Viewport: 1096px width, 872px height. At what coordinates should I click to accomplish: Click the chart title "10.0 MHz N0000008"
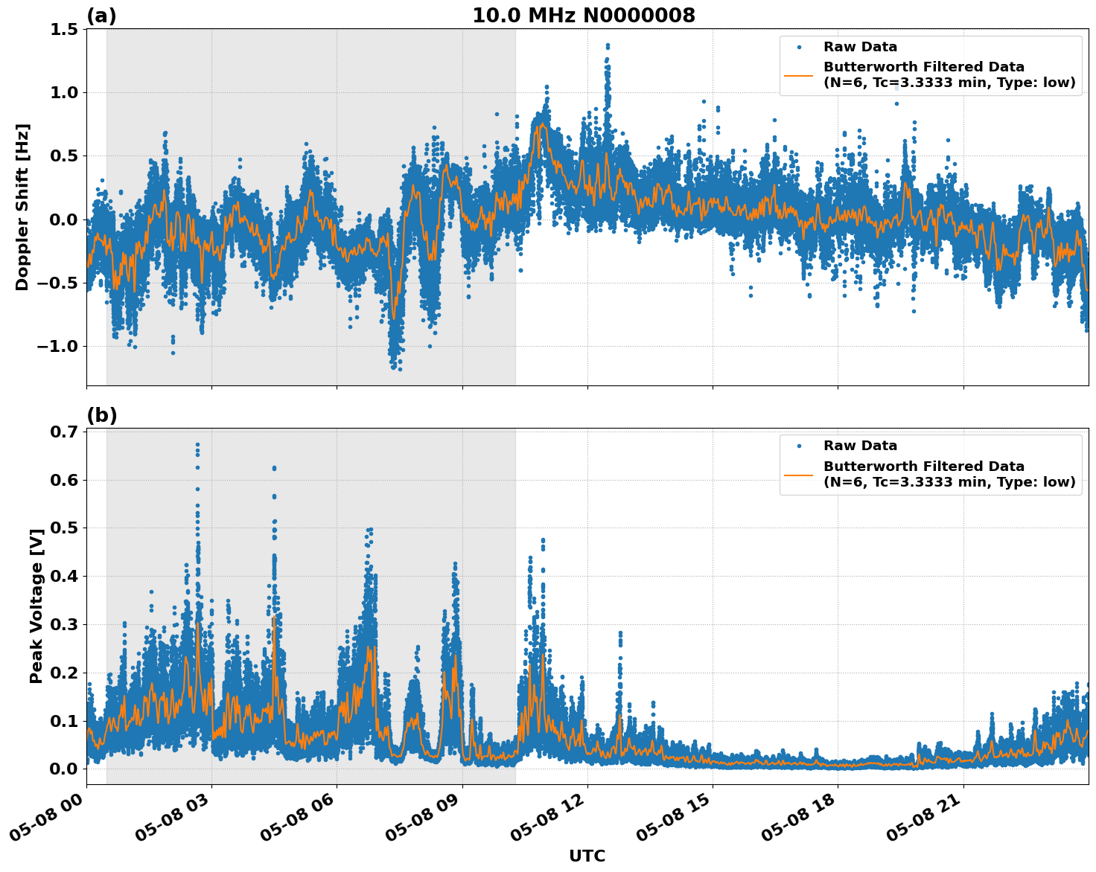(x=584, y=16)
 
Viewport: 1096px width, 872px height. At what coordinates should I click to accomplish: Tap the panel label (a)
(x=101, y=16)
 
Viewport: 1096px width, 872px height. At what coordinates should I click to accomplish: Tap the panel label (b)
(x=101, y=415)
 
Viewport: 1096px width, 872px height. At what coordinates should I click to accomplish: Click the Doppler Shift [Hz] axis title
(x=22, y=207)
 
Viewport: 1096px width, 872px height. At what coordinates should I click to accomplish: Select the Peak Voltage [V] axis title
(x=36, y=606)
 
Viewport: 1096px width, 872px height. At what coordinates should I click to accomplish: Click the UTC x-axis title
(x=587, y=856)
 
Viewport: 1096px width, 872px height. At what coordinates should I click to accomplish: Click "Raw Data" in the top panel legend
(x=860, y=47)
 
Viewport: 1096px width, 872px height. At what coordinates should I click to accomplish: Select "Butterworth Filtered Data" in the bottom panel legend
(x=923, y=467)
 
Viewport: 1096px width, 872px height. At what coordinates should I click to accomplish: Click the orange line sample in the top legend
(x=799, y=74)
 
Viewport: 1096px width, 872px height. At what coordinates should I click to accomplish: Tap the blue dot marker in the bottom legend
(x=799, y=446)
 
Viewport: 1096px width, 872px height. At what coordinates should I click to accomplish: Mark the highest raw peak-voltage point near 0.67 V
(x=197, y=444)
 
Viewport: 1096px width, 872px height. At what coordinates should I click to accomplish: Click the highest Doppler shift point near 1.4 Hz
(x=608, y=45)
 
